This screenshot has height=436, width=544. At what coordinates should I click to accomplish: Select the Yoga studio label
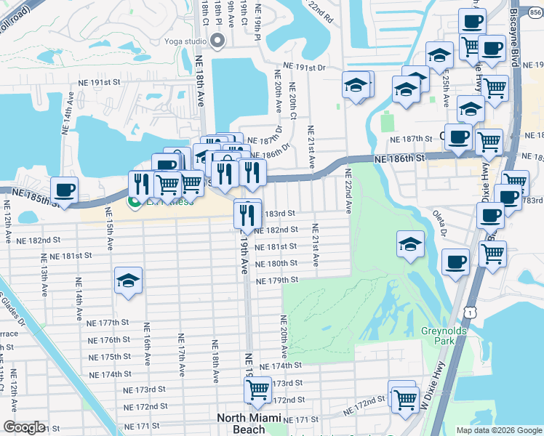[185, 41]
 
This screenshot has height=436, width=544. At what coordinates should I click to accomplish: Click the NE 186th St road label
[399, 158]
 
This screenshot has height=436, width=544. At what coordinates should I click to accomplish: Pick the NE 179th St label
[277, 280]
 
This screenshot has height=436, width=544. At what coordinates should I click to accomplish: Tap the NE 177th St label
[108, 322]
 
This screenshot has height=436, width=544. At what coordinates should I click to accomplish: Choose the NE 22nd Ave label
[348, 191]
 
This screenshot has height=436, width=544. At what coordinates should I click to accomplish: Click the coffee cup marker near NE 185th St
[64, 190]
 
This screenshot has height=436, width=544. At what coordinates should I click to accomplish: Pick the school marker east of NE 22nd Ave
[411, 245]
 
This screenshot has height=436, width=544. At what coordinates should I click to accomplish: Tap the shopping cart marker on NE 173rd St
[257, 391]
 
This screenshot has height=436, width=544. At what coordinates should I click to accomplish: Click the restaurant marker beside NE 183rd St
[247, 214]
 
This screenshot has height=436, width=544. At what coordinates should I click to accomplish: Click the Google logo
[24, 427]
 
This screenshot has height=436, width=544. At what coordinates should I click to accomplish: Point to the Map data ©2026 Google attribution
[498, 430]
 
